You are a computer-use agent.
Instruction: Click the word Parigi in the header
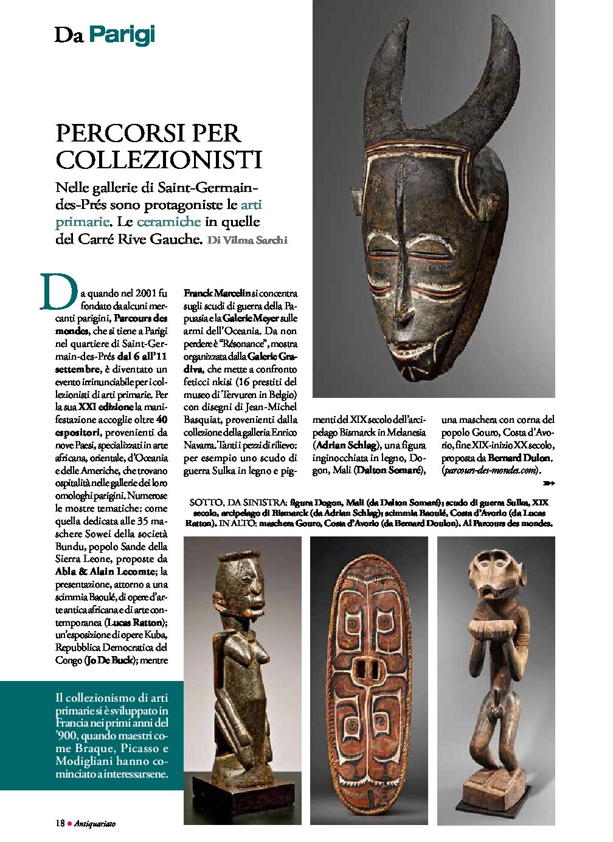point(122,35)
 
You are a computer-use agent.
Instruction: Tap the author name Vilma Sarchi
point(247,240)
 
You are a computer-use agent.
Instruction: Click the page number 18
point(60,824)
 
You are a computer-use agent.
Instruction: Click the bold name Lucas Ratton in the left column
point(136,623)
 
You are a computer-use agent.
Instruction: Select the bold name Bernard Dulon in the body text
point(519,457)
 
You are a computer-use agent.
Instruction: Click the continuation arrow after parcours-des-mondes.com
point(549,483)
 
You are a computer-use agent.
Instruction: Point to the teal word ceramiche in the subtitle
point(168,222)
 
